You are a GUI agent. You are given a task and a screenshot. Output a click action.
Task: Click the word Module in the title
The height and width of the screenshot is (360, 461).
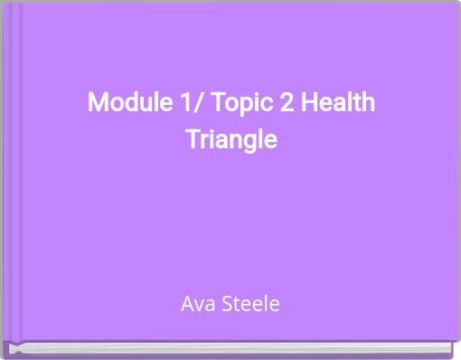(120, 102)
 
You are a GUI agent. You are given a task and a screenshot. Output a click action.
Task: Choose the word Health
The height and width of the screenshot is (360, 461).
(336, 102)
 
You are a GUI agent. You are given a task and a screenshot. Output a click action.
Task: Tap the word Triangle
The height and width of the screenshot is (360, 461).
(230, 141)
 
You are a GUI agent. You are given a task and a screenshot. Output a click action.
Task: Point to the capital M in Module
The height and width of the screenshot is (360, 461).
(97, 102)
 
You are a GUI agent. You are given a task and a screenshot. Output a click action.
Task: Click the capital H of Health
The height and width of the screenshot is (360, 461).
(309, 102)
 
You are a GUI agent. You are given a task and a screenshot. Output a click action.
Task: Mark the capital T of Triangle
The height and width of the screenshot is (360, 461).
(192, 140)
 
